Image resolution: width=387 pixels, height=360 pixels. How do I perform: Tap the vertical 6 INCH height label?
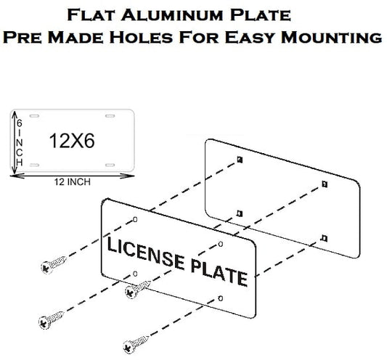(20, 143)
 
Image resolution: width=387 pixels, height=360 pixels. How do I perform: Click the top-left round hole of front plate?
(136, 220)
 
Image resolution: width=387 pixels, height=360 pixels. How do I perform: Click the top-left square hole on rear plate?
(239, 160)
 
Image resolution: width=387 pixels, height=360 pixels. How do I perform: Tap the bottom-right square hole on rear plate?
(322, 237)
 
